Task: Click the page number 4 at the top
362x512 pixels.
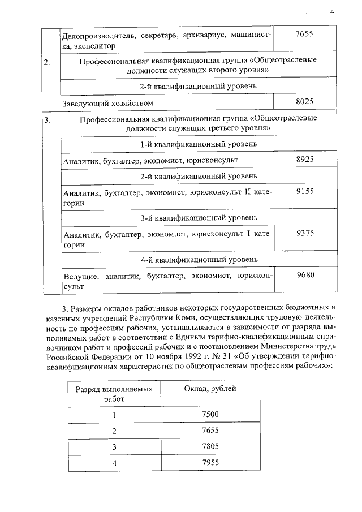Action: (x=332, y=11)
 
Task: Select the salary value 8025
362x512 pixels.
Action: (x=304, y=101)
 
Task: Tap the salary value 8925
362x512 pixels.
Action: (x=304, y=160)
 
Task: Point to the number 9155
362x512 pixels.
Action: (x=304, y=192)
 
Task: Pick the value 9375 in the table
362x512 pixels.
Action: (x=304, y=234)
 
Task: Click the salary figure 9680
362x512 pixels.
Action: (x=304, y=275)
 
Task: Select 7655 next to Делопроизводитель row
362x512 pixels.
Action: (x=304, y=35)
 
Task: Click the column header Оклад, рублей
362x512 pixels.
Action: (x=210, y=389)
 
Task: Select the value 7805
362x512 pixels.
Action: (x=210, y=447)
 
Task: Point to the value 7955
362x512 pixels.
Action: (x=210, y=463)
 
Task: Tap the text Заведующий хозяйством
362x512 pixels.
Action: (x=109, y=103)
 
